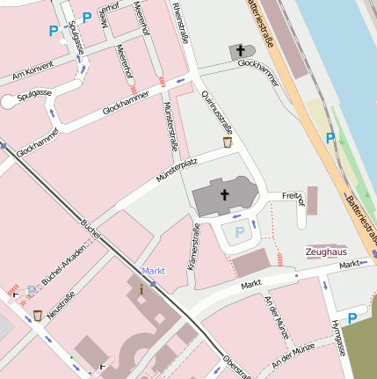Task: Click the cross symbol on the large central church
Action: (224, 195)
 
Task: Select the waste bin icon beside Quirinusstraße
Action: (228, 141)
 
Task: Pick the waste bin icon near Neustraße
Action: (38, 315)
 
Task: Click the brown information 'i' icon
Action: (143, 287)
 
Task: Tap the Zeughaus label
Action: (325, 251)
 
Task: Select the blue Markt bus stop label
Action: (154, 271)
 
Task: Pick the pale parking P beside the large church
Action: (238, 233)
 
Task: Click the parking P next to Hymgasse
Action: (352, 318)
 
